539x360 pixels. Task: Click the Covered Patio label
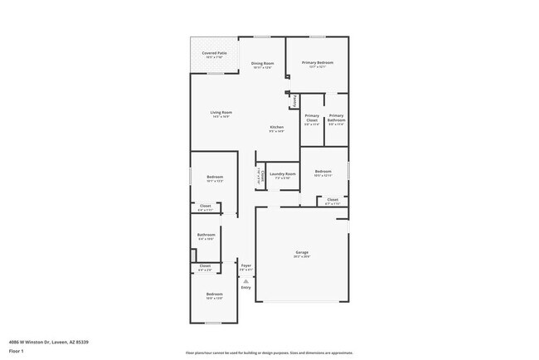[x=215, y=53]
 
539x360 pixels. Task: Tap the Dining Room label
[x=262, y=64]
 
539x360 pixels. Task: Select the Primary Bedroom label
[x=317, y=63]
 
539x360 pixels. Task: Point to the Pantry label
[x=295, y=100]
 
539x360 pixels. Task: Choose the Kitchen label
[x=276, y=127]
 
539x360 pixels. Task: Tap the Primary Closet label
[x=312, y=119]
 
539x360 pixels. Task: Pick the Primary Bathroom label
[x=336, y=119]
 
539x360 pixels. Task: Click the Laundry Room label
[x=283, y=174]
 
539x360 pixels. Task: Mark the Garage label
[x=302, y=252]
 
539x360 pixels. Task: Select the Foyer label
[x=245, y=265]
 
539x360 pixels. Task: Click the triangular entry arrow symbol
[x=245, y=280]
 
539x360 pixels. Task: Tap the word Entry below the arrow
[x=245, y=287]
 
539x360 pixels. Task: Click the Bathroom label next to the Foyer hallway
[x=206, y=235]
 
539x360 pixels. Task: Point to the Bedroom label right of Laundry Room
[x=323, y=172]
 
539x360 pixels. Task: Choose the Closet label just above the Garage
[x=332, y=199]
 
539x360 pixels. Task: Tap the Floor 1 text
[x=17, y=351]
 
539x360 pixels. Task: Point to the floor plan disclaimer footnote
[x=269, y=353]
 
